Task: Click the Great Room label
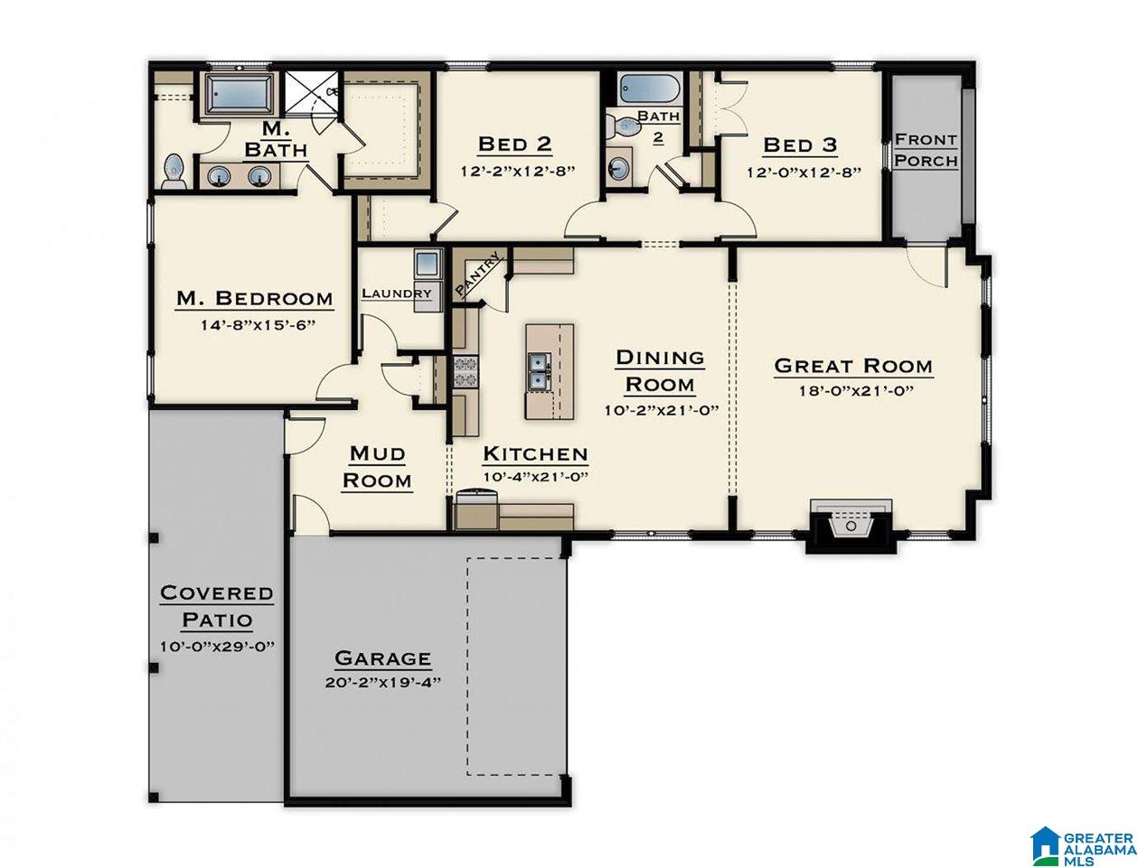point(853,366)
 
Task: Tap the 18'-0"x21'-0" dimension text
point(855,391)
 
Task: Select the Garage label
point(382,658)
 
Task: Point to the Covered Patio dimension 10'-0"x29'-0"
point(217,647)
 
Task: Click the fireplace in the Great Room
point(851,526)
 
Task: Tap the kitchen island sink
point(540,371)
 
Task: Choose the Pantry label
point(478,275)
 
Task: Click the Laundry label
point(397,294)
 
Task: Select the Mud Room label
point(377,467)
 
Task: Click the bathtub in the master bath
point(239,94)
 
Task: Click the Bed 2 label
point(514,144)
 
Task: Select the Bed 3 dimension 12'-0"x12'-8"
point(804,172)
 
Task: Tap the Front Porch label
point(926,150)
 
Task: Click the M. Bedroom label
point(254,298)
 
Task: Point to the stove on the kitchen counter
point(466,372)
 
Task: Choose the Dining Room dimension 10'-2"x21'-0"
point(661,410)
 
